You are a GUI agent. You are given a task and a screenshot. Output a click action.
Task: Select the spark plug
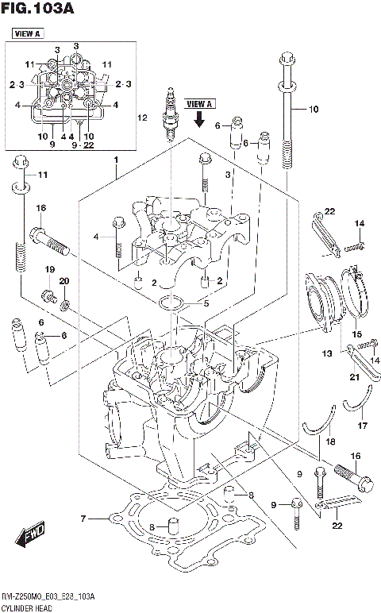pos(170,116)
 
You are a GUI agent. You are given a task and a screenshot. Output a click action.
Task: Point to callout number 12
pos(142,118)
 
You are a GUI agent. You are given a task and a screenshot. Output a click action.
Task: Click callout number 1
pos(116,160)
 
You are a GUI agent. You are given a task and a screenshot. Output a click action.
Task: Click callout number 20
pos(65,281)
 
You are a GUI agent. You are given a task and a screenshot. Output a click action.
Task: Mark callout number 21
pos(354,376)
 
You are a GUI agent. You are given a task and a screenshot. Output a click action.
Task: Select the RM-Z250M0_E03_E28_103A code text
pos(49,596)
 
